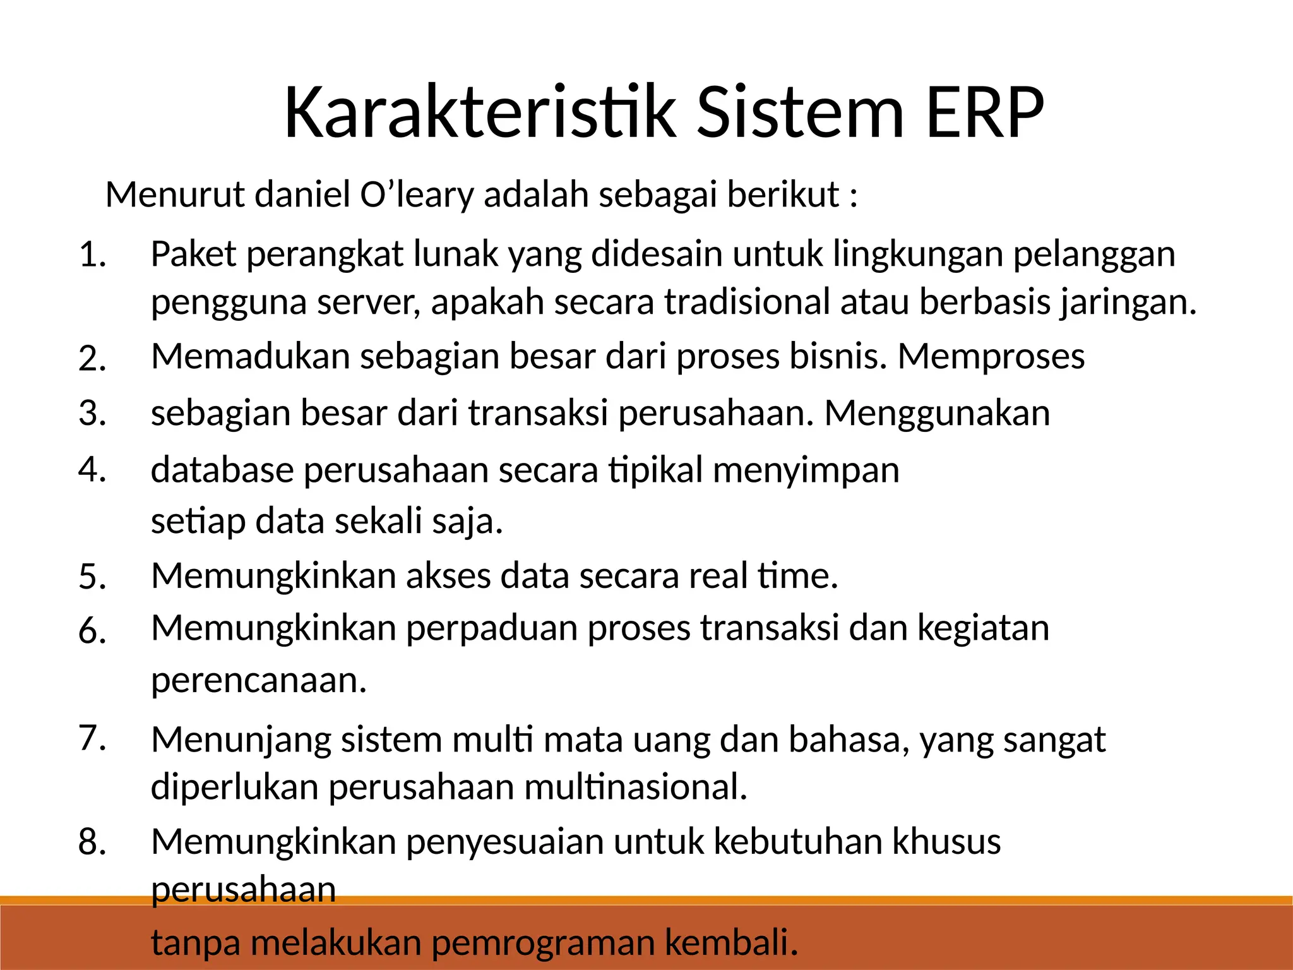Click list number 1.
click(92, 256)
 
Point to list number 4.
click(92, 470)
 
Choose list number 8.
click(92, 842)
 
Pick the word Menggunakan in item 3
click(937, 413)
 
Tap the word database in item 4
click(222, 470)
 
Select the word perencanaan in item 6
click(258, 681)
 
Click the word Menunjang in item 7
click(241, 739)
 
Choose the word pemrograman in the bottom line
click(544, 943)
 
